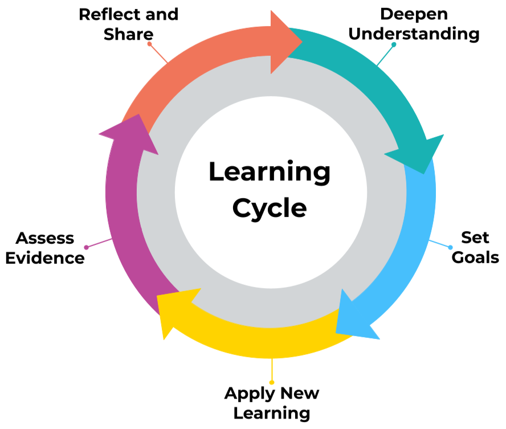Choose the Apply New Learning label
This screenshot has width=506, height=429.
coord(272,402)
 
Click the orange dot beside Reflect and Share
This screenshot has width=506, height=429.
coord(149,43)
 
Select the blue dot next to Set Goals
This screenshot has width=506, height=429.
coord(450,247)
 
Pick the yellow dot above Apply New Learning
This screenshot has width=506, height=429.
coord(272,382)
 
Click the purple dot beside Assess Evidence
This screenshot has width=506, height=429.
coord(86,247)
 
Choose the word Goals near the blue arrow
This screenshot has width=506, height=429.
coord(475,257)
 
